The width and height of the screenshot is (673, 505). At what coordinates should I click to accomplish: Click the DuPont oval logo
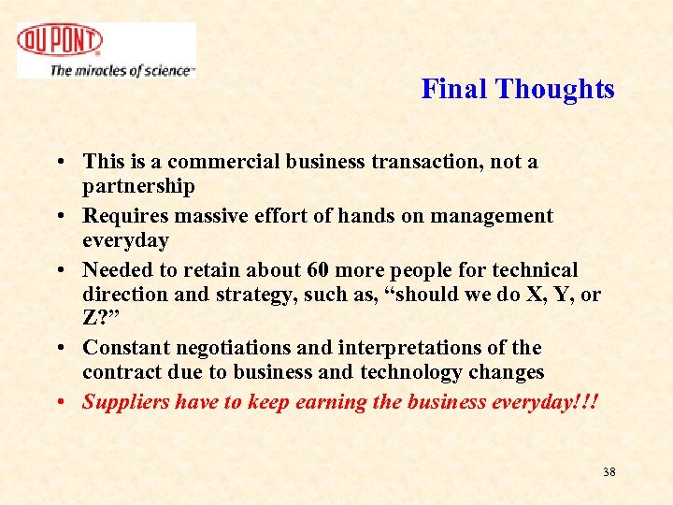(x=60, y=41)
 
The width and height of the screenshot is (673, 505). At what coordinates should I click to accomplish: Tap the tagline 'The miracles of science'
(x=122, y=70)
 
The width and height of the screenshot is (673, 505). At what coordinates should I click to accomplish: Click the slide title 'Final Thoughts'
(x=517, y=89)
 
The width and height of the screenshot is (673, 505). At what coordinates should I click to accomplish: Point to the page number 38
(x=609, y=472)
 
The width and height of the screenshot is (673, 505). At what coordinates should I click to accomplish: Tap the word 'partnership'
(x=138, y=186)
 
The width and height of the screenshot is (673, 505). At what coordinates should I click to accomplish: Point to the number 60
(x=318, y=270)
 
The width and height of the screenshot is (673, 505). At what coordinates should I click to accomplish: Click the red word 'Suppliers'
(x=123, y=402)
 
